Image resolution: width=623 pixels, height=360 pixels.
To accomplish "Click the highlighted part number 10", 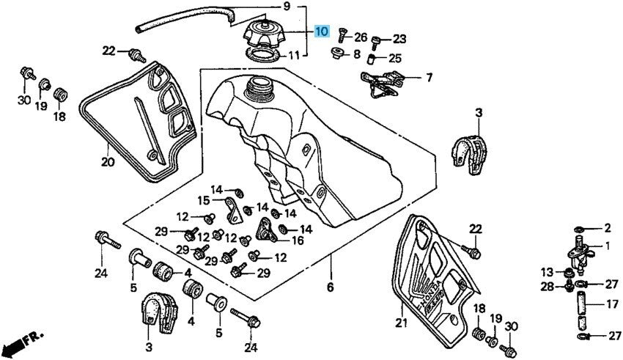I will (x=322, y=32).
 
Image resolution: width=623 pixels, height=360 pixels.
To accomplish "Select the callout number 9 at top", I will (x=287, y=7).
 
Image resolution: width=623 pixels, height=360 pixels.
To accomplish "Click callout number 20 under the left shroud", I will (x=108, y=162).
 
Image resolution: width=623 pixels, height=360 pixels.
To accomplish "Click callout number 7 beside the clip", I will (x=429, y=77).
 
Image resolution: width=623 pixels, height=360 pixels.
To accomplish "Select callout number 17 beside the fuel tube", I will (x=611, y=303).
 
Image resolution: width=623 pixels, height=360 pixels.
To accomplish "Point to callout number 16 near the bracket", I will (x=298, y=240).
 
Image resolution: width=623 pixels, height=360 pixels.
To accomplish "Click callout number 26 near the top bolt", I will (x=361, y=37).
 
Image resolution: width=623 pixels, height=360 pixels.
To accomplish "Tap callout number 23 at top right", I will (x=399, y=39).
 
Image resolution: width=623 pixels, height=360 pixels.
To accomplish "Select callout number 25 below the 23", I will (x=395, y=58).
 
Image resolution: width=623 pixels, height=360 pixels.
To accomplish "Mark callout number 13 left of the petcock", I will (x=547, y=272).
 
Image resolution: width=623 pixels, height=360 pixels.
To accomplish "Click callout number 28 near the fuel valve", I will (x=547, y=287).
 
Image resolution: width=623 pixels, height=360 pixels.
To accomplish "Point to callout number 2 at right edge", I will (x=607, y=228).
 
